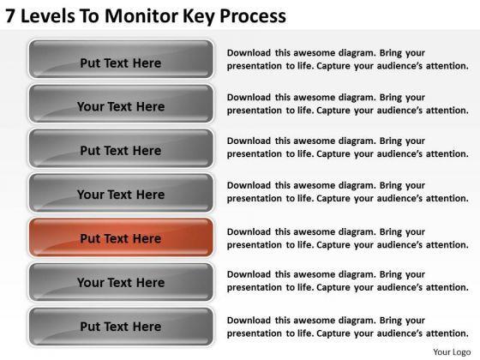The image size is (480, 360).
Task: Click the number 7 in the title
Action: click(9, 16)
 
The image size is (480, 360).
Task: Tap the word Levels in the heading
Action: click(48, 16)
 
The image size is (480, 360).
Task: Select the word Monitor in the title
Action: click(141, 16)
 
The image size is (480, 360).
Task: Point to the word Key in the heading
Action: click(199, 17)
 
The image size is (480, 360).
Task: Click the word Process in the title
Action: click(253, 17)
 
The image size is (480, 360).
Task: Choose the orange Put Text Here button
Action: click(121, 237)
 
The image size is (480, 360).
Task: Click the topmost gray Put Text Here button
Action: click(121, 59)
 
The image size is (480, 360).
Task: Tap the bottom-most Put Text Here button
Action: click(121, 327)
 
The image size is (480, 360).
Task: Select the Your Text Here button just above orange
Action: click(121, 193)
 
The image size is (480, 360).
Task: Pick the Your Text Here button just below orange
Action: click(121, 282)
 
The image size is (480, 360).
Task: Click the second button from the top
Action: click(121, 104)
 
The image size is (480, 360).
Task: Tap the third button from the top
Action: click(121, 148)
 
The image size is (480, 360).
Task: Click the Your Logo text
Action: click(452, 352)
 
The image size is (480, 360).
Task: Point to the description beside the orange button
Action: click(347, 238)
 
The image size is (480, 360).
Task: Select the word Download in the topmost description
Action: click(249, 52)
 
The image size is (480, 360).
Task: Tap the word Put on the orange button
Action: click(90, 238)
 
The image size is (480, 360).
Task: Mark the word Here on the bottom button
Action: click(147, 327)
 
